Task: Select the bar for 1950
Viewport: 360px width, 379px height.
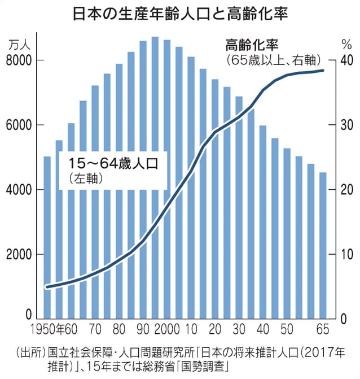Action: click(x=47, y=237)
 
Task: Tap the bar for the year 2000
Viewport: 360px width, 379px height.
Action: click(x=167, y=181)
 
